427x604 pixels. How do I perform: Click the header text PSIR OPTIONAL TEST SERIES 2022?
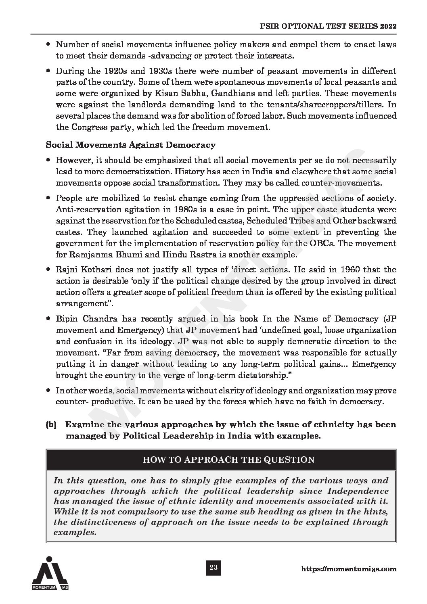328,26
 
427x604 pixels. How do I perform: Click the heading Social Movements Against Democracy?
130,144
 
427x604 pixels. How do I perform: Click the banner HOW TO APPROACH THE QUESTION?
221,460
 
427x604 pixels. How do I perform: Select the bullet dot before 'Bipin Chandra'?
48,319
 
